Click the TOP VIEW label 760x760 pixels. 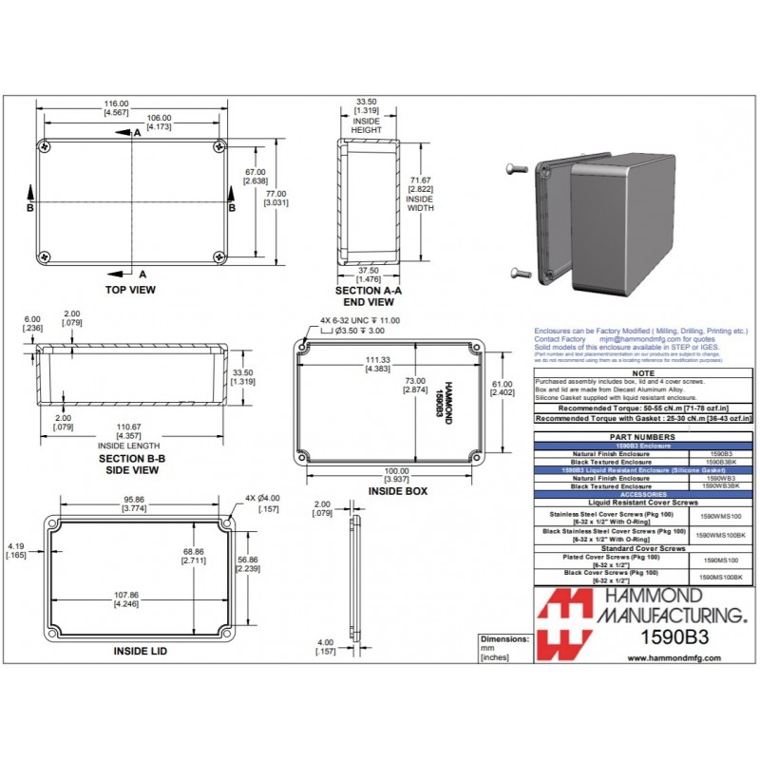pyautogui.click(x=130, y=290)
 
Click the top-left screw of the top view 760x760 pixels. pyautogui.click(x=45, y=146)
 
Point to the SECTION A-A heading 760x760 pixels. pyautogui.click(x=369, y=290)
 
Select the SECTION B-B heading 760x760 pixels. pyautogui.click(x=132, y=458)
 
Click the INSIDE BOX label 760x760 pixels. pyautogui.click(x=396, y=491)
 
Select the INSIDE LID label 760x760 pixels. pyautogui.click(x=142, y=651)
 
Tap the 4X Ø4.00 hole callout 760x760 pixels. pyautogui.click(x=262, y=498)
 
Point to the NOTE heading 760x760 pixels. pyautogui.click(x=643, y=375)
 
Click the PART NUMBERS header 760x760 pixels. pyautogui.click(x=643, y=437)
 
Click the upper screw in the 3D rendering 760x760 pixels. pyautogui.click(x=517, y=168)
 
